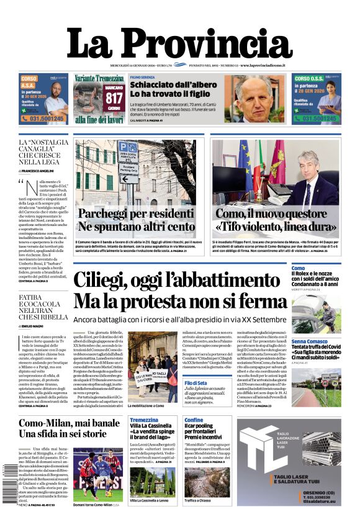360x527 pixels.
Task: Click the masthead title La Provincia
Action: point(179,43)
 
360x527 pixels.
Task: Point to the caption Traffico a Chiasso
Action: point(200,501)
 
